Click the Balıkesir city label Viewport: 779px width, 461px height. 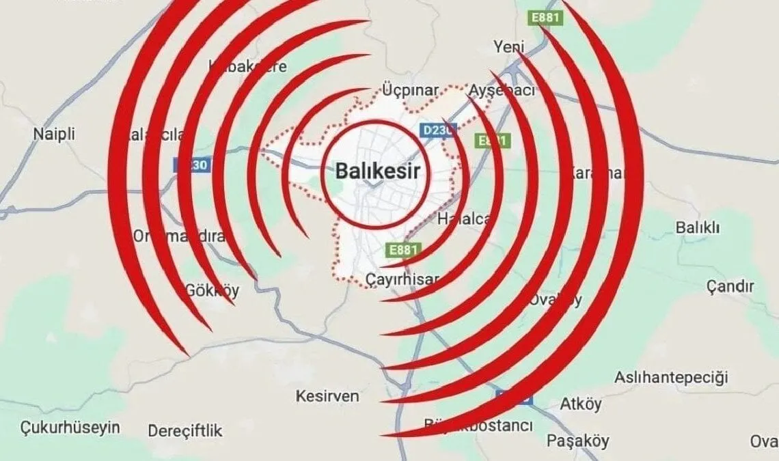click(377, 171)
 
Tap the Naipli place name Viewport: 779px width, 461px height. click(53, 134)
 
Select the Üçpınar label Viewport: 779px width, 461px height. click(410, 91)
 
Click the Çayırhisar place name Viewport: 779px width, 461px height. click(402, 279)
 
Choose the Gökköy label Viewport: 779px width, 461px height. click(212, 291)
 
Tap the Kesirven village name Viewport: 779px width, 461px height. click(327, 396)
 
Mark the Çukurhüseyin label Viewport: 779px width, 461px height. click(70, 428)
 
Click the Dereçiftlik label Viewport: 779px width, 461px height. click(185, 431)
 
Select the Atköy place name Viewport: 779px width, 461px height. click(581, 404)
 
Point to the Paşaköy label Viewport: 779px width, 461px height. click(577, 441)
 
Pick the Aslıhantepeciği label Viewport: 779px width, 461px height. click(671, 377)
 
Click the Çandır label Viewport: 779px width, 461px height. click(730, 286)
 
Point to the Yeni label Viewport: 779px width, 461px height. click(508, 47)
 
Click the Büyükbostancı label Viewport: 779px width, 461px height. click(478, 426)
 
